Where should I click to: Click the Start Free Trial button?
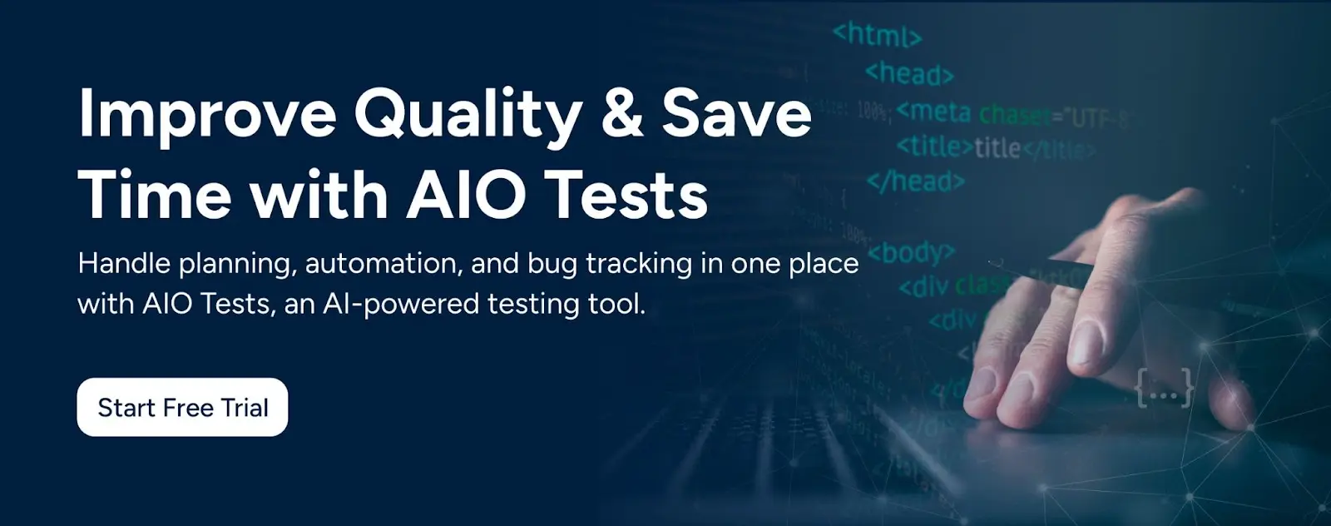pyautogui.click(x=182, y=407)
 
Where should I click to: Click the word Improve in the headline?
pyautogui.click(x=206, y=115)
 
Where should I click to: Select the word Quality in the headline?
pyautogui.click(x=468, y=115)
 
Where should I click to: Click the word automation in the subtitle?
pyautogui.click(x=382, y=264)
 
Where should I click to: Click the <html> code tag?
pyautogui.click(x=877, y=35)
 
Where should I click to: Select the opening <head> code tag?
pyautogui.click(x=908, y=73)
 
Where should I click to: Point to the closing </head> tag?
pyautogui.click(x=915, y=181)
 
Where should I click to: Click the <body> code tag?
pyautogui.click(x=912, y=252)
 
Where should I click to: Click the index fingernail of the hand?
pyautogui.click(x=1085, y=342)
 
